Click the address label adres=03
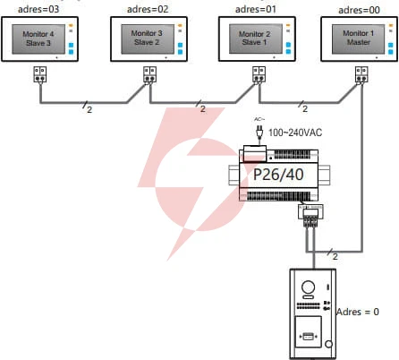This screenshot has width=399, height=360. [38, 9]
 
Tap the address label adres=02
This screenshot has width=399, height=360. [148, 9]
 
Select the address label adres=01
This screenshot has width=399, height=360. [256, 9]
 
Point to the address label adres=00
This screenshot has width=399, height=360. [359, 10]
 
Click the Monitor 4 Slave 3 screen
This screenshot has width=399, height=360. [38, 39]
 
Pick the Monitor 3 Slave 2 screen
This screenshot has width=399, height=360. [148, 39]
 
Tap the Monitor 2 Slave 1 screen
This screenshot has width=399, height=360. [256, 39]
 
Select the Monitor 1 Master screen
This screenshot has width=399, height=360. [359, 39]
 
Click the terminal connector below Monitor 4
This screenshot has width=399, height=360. [39, 74]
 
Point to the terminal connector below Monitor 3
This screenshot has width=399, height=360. [149, 74]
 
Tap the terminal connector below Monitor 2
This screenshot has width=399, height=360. [259, 74]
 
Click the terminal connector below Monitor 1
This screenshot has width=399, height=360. [361, 74]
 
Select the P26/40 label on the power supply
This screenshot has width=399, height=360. [278, 175]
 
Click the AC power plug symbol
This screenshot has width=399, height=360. [259, 133]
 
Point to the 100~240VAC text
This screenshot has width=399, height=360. [295, 133]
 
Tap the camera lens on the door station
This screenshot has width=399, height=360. [308, 287]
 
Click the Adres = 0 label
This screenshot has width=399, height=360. [358, 312]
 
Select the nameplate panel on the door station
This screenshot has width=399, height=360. [308, 331]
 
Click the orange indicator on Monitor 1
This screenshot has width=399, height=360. [391, 25]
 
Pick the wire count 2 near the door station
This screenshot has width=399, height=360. [335, 256]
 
